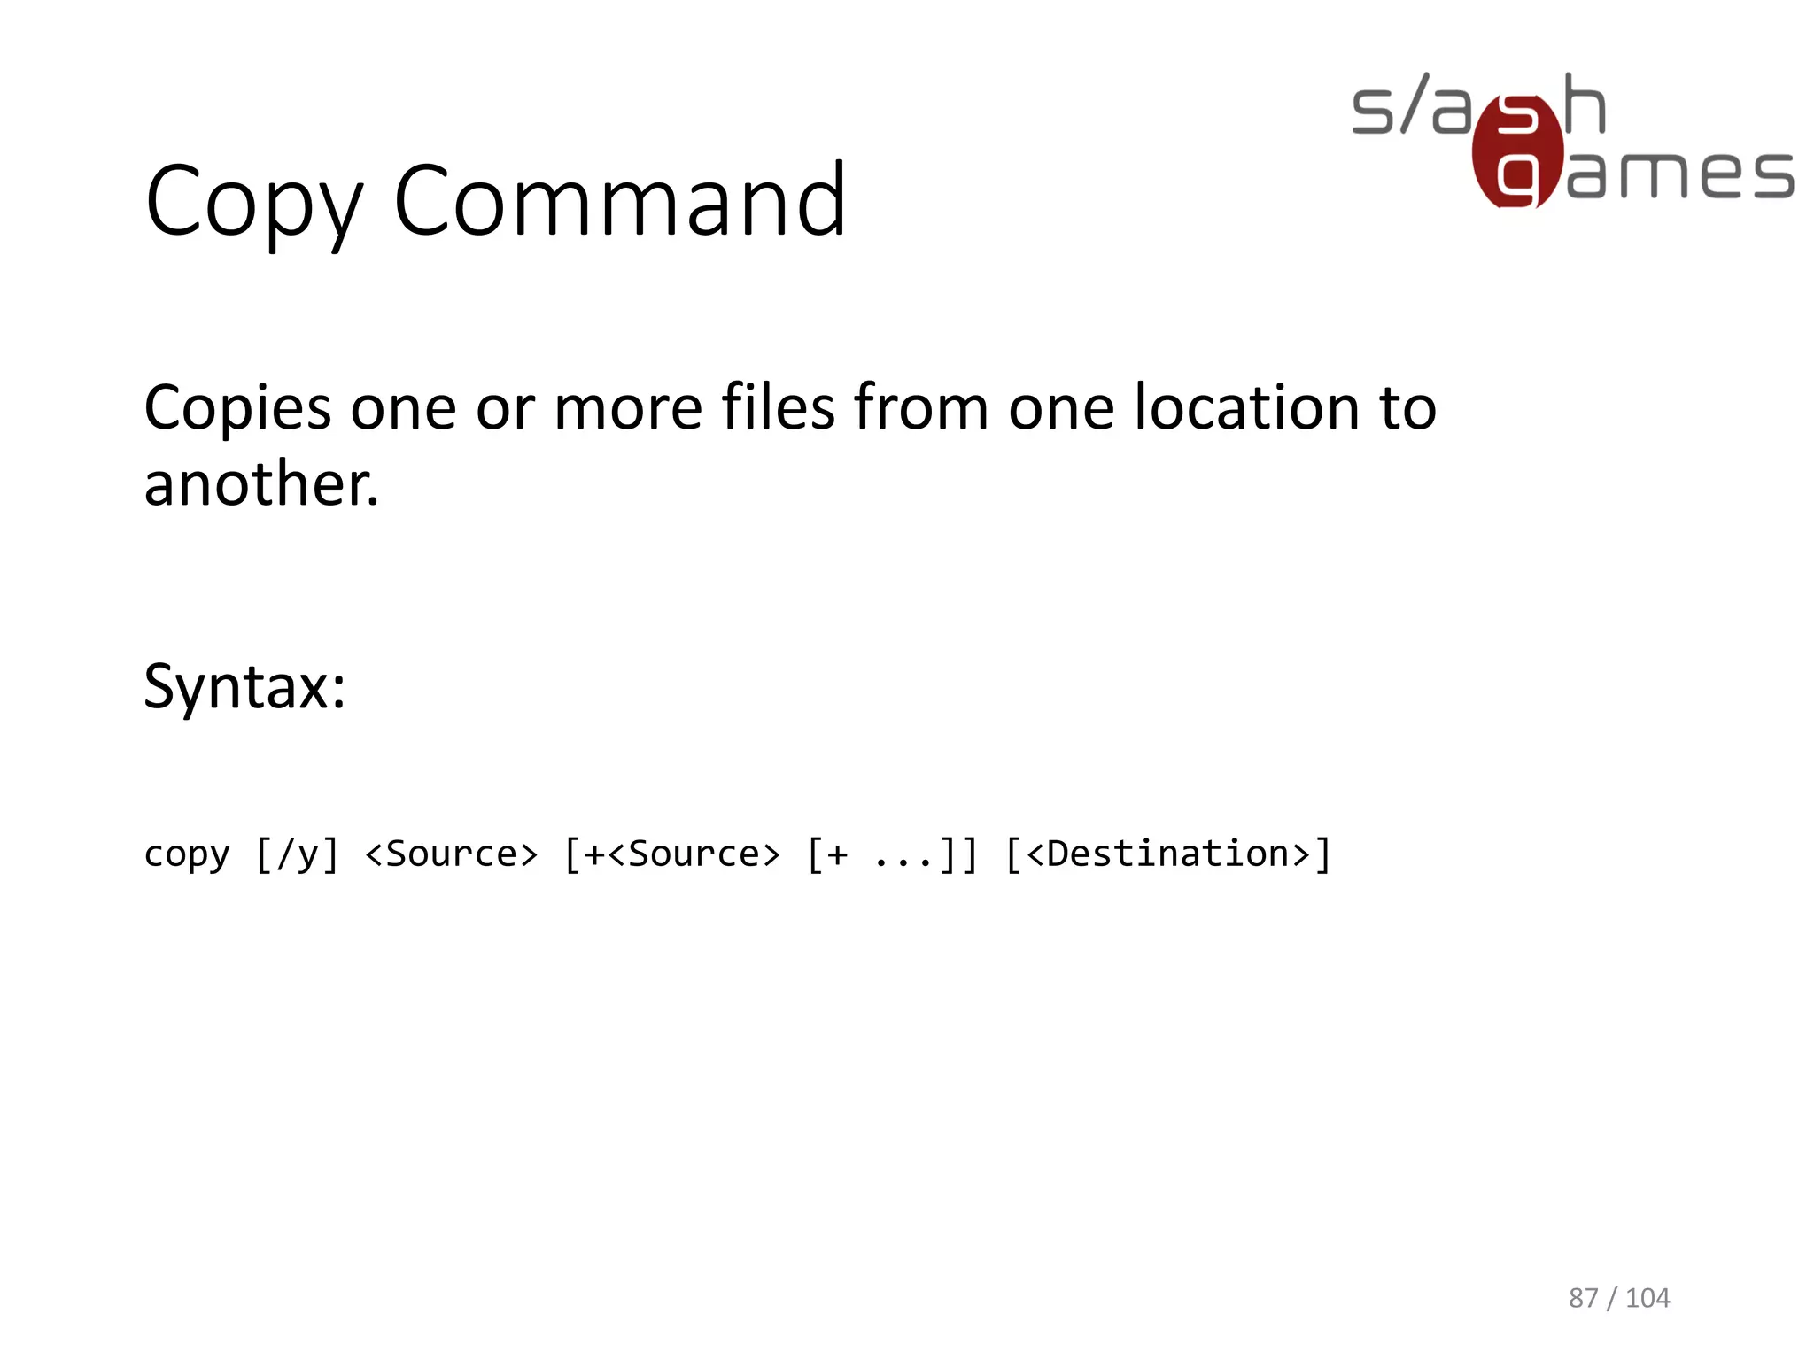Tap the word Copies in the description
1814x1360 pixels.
tap(237, 408)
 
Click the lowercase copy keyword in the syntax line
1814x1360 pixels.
tap(187, 854)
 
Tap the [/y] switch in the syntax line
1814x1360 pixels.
tap(298, 854)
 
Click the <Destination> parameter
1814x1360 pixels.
tap(1168, 854)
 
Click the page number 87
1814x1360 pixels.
tap(1584, 1298)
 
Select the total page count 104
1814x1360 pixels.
tap(1647, 1298)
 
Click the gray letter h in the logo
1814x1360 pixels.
tap(1585, 104)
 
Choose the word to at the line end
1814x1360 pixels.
tap(1407, 408)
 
